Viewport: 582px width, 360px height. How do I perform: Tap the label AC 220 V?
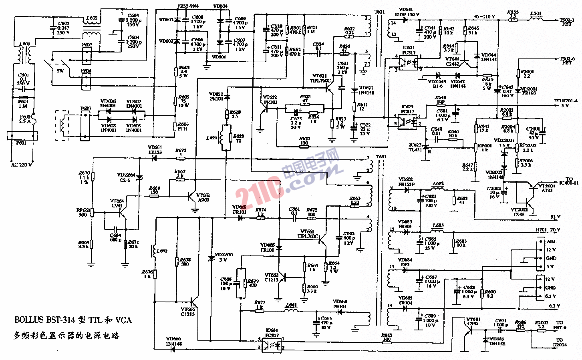21,165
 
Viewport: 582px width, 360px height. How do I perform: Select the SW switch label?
60,71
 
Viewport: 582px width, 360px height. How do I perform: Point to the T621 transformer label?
379,12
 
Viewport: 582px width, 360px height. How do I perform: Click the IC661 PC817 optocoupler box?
271,343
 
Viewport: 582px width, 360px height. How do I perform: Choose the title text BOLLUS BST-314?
72,320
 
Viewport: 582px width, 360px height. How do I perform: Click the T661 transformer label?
381,157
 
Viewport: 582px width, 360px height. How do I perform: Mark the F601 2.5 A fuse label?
25,119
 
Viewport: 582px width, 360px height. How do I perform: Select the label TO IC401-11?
569,181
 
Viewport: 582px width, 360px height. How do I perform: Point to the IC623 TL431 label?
415,147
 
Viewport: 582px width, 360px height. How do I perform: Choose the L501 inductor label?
536,14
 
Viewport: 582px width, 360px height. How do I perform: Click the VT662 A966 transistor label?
203,197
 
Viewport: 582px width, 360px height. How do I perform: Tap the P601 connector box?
22,136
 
